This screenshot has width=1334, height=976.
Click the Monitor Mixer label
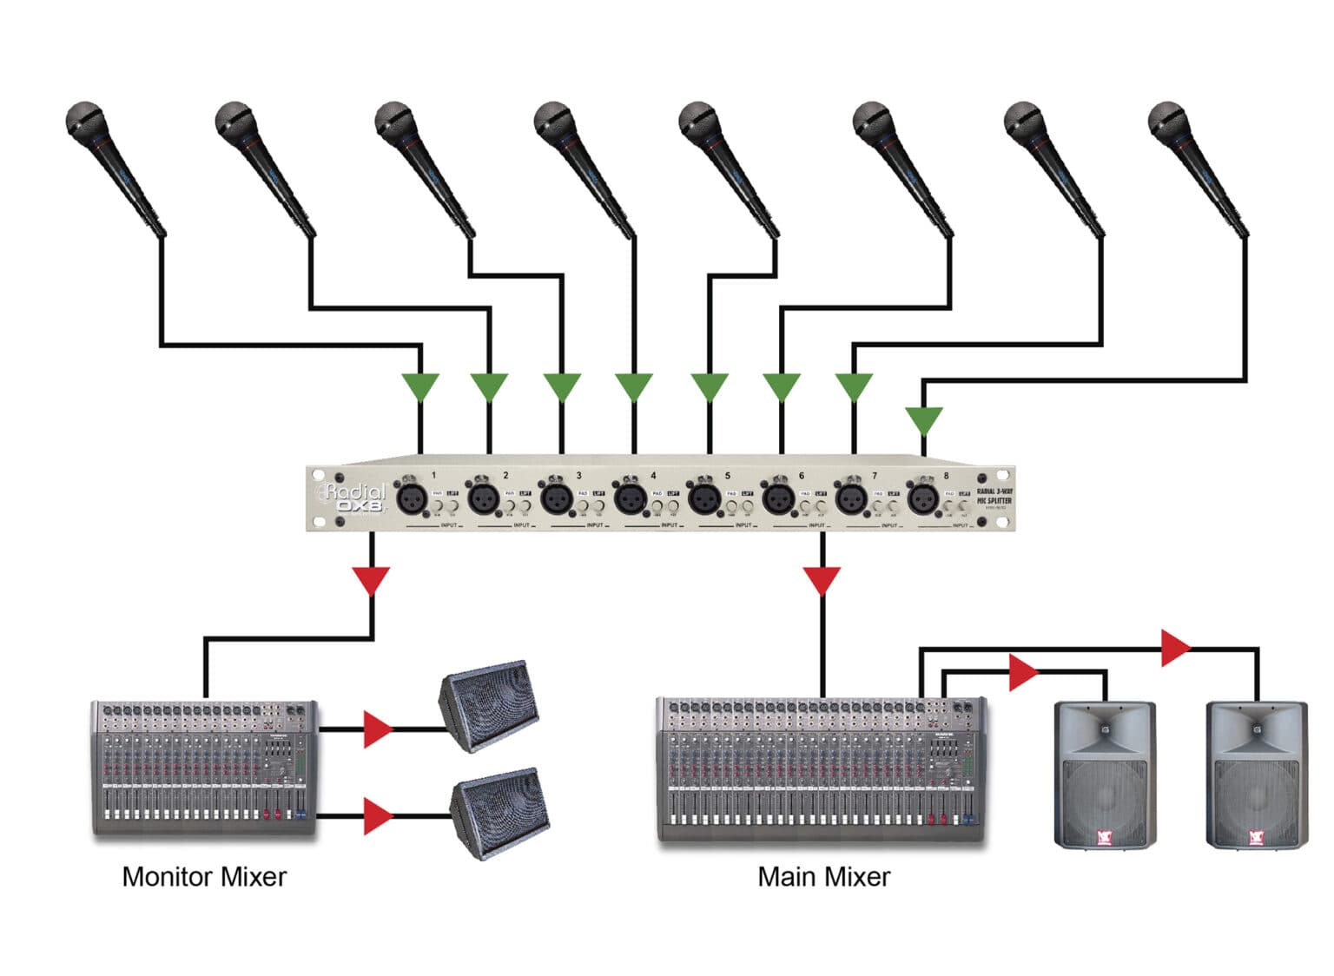204,877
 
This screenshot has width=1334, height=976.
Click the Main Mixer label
823,877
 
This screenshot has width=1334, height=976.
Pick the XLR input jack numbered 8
921,499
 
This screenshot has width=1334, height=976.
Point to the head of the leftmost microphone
85,120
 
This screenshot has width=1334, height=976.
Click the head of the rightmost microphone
1166,120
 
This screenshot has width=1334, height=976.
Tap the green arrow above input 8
923,420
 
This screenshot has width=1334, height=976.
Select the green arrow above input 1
420,386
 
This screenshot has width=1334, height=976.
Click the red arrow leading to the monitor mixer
372,580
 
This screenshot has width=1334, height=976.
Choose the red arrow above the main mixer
822,580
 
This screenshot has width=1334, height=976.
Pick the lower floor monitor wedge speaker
500,811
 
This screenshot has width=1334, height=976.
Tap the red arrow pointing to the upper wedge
378,729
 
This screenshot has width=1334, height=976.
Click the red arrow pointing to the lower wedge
378,816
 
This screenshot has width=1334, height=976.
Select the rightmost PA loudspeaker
1256,775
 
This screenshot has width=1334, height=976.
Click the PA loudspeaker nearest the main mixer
1105,775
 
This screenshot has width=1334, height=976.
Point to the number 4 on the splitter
653,476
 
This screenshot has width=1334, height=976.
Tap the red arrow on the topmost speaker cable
1176,648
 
